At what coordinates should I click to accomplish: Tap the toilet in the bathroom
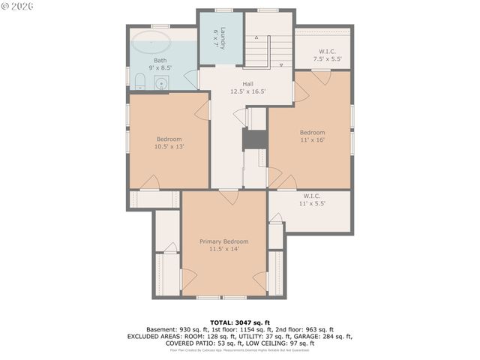click(x=141, y=81)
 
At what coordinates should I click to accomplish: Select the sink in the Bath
click(x=160, y=83)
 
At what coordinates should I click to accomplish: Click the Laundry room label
click(x=220, y=38)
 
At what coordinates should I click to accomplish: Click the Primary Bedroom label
click(x=223, y=245)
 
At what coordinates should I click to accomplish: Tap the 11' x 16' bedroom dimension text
click(x=313, y=140)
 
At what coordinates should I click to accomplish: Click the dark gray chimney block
click(x=255, y=139)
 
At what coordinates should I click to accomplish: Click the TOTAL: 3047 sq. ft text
click(x=240, y=321)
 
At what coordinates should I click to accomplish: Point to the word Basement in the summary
click(x=161, y=329)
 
